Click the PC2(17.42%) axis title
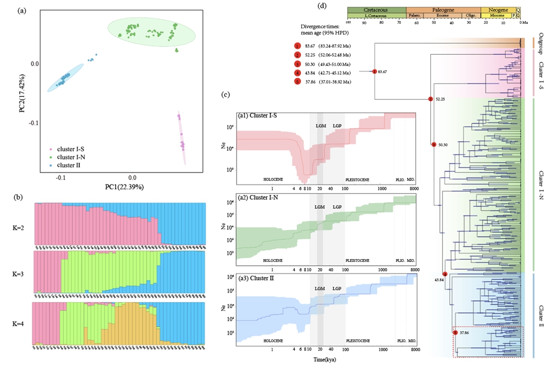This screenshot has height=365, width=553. (x=23, y=89)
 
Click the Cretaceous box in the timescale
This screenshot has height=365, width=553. (x=377, y=10)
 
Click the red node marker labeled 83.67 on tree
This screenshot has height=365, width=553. (x=374, y=71)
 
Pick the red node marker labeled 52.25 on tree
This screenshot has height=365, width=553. (x=430, y=100)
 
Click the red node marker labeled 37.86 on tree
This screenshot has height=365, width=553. (x=455, y=333)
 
